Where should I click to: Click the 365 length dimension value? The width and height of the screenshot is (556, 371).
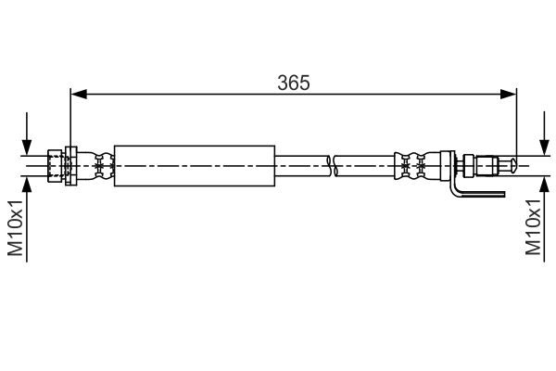(x=293, y=82)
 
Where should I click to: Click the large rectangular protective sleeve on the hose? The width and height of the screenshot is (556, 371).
(x=195, y=166)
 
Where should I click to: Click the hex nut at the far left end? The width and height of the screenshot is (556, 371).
(x=56, y=166)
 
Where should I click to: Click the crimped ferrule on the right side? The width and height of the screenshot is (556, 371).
(x=412, y=166)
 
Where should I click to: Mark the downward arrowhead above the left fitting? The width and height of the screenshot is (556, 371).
(x=29, y=147)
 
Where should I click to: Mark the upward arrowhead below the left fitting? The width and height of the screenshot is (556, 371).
(x=29, y=185)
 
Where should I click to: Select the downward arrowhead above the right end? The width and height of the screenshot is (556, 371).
(x=544, y=147)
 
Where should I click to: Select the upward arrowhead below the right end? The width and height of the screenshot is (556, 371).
(x=544, y=185)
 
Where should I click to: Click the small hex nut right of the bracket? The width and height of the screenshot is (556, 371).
(x=470, y=166)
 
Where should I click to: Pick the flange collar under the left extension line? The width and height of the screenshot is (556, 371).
(x=70, y=166)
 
